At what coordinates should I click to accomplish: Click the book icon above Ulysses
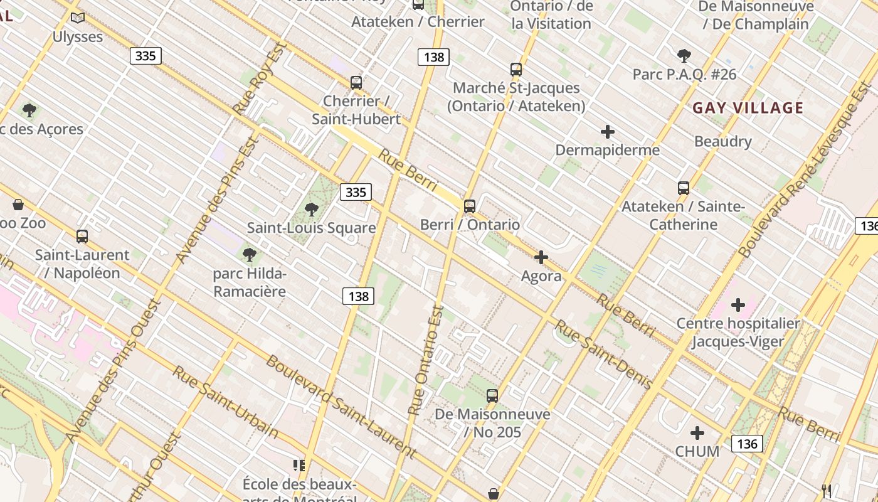(77, 18)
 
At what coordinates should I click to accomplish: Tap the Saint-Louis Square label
(311, 228)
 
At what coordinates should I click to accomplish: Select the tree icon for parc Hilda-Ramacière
(250, 255)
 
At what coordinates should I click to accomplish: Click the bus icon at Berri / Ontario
(470, 206)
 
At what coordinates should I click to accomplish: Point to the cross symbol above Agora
(541, 257)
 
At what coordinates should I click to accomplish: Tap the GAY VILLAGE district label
(748, 108)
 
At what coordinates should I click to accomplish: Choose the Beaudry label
(722, 141)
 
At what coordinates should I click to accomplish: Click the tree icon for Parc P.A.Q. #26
(684, 56)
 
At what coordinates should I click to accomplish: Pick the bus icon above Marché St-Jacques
(516, 70)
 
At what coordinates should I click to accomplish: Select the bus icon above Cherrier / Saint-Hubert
(356, 83)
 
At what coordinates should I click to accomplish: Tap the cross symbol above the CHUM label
(697, 433)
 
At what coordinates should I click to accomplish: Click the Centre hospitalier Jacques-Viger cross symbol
(738, 306)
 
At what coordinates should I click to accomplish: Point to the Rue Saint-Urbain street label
(225, 402)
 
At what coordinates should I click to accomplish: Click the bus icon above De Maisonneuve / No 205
(492, 396)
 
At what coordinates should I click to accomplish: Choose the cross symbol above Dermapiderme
(607, 132)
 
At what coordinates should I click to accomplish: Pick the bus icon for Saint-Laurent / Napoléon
(82, 237)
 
